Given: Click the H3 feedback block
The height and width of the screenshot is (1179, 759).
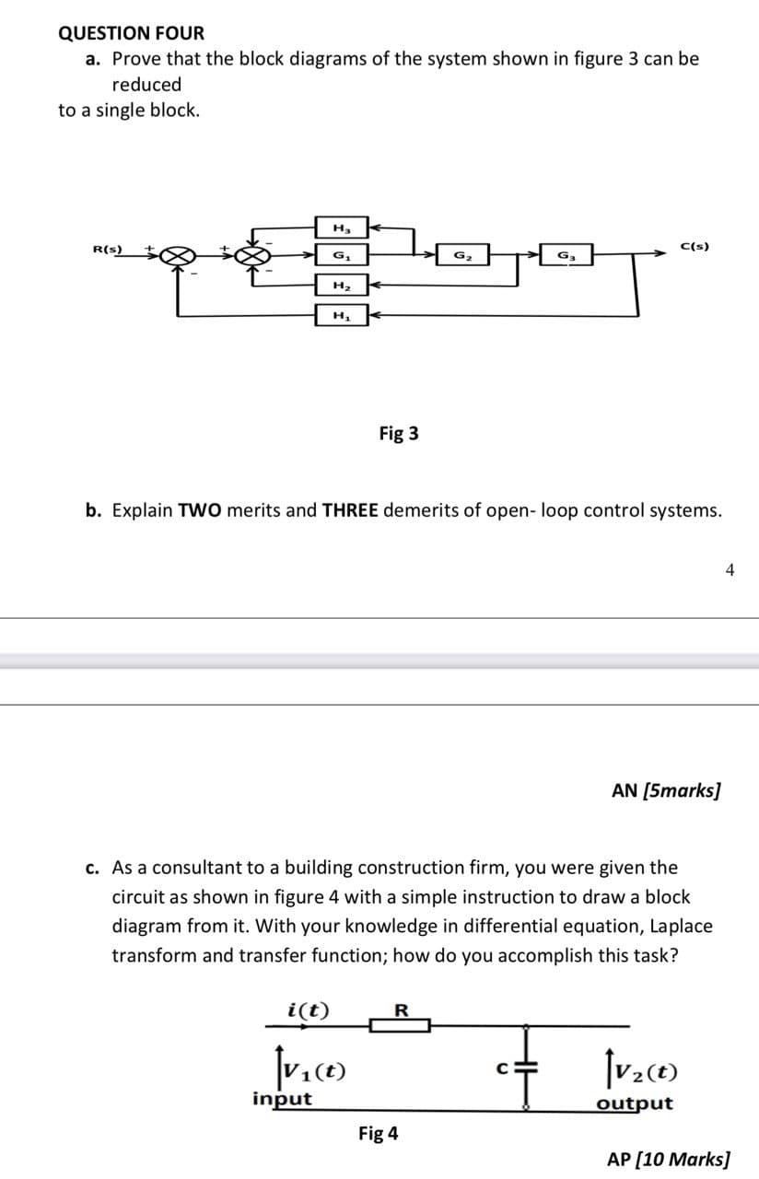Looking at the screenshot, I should pyautogui.click(x=341, y=227).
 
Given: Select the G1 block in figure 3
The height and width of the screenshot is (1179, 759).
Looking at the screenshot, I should pyautogui.click(x=341, y=254).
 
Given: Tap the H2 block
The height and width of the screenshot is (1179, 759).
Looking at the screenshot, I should pyautogui.click(x=341, y=286).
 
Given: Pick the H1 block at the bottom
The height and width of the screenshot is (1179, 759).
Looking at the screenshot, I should pyautogui.click(x=341, y=316).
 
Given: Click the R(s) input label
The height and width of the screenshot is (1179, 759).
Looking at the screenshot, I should pyautogui.click(x=109, y=249).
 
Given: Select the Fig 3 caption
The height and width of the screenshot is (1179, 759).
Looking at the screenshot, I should pyautogui.click(x=399, y=433).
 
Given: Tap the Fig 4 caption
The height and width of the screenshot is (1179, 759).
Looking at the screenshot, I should pyautogui.click(x=378, y=1134).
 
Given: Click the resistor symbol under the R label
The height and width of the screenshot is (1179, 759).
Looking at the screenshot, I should pyautogui.click(x=401, y=1024).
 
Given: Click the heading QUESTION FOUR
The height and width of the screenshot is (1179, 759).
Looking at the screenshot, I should pyautogui.click(x=131, y=33).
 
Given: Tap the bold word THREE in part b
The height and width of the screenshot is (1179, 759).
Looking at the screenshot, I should pyautogui.click(x=349, y=510).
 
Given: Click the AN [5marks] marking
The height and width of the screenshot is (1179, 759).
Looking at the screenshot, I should pyautogui.click(x=666, y=790).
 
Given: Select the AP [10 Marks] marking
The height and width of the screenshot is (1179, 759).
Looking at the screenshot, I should pyautogui.click(x=668, y=1158).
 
